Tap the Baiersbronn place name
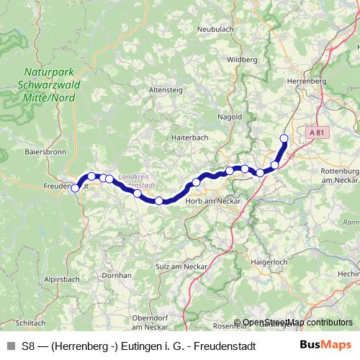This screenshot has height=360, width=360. tap(44, 153)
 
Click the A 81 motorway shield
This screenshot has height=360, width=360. tap(316, 133)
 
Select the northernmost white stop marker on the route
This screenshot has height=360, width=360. tap(284, 138)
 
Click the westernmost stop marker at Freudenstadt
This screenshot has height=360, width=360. tap(75, 188)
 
